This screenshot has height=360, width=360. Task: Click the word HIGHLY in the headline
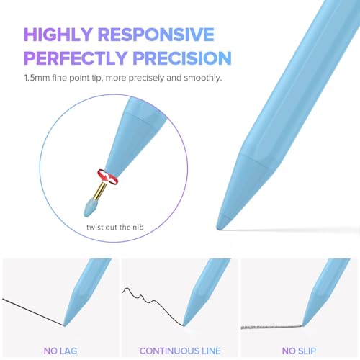pyautogui.click(x=58, y=35)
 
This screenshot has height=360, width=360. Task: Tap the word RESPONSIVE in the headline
pyautogui.click(x=156, y=35)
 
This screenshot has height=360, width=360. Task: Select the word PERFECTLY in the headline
pyautogui.click(x=76, y=58)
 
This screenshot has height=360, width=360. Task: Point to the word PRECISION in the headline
pyautogui.click(x=182, y=58)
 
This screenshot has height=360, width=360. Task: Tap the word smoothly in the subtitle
pyautogui.click(x=202, y=78)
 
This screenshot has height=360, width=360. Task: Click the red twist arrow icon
pyautogui.click(x=108, y=177)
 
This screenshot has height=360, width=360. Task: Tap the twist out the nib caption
pyautogui.click(x=115, y=227)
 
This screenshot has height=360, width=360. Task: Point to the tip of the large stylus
pyautogui.click(x=219, y=228)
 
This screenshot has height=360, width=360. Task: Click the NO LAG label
pyautogui.click(x=60, y=351)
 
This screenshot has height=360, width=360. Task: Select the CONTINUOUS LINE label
pyautogui.click(x=180, y=351)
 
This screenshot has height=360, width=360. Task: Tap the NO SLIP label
pyautogui.click(x=299, y=351)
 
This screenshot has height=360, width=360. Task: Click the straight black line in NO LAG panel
pyautogui.click(x=33, y=312)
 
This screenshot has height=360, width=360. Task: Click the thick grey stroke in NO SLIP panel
pyautogui.click(x=271, y=327)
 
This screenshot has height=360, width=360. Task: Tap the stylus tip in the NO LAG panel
pyautogui.click(x=64, y=325)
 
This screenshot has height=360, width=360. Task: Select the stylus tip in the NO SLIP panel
pyautogui.click(x=303, y=325)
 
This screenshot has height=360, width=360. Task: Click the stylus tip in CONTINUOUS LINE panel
pyautogui.click(x=184, y=325)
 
